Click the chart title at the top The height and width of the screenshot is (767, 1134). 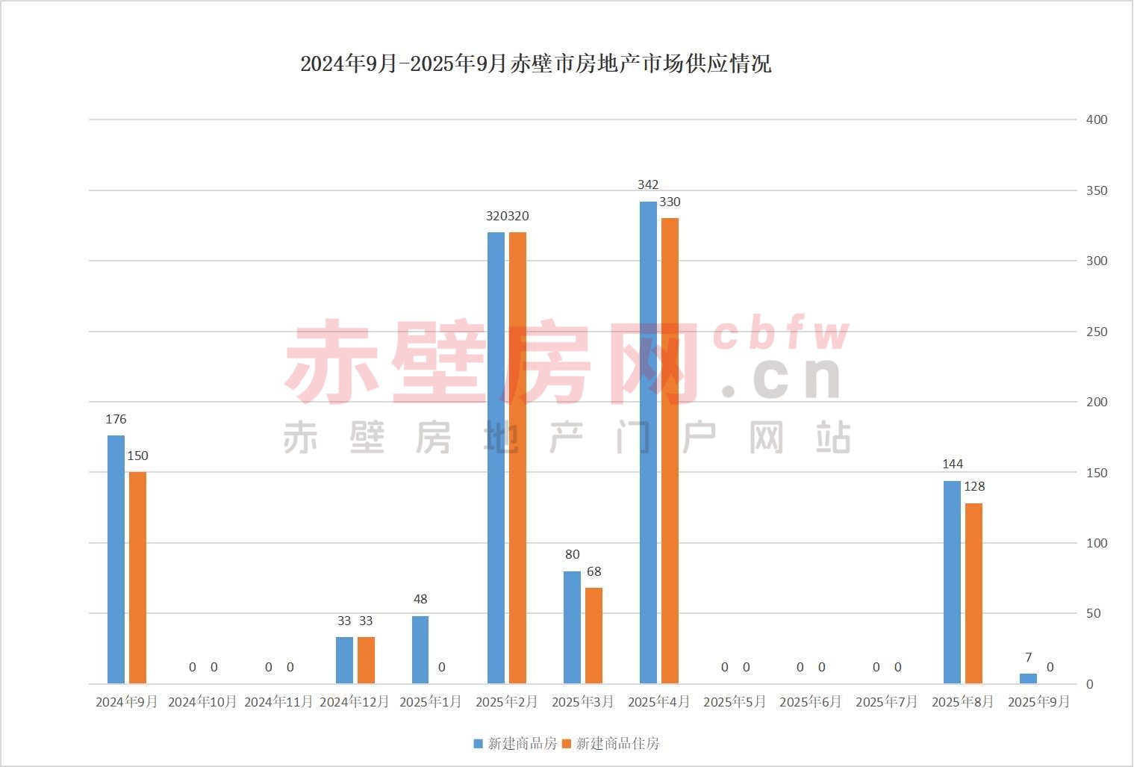(535, 63)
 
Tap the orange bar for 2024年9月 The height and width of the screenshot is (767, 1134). (137, 577)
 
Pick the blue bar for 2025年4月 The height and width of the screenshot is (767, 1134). (648, 442)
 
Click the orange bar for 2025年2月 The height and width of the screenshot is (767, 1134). (517, 457)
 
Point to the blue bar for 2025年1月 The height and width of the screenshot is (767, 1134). (420, 650)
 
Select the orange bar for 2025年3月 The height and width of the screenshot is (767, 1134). (594, 635)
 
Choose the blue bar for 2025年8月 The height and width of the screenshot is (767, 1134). (952, 582)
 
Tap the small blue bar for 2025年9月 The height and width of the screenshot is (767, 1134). (1028, 678)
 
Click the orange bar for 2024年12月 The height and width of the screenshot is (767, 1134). (366, 659)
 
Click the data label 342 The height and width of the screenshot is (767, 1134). (648, 184)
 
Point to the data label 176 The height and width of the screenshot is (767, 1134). (116, 419)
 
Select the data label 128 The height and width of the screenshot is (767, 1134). (974, 486)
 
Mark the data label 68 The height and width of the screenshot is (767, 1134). (594, 571)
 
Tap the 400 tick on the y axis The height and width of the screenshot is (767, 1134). (1096, 119)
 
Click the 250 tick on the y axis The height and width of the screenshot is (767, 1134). (1096, 332)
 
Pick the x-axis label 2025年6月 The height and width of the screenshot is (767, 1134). (810, 702)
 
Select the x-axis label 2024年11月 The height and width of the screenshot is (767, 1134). (278, 702)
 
